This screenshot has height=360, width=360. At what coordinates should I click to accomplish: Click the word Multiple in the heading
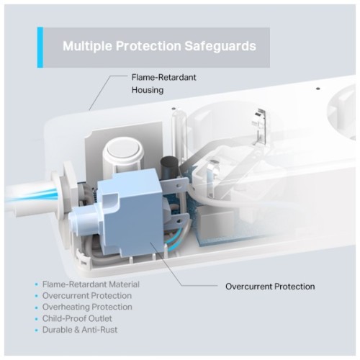[86, 46]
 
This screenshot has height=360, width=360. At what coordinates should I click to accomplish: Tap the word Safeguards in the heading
[220, 46]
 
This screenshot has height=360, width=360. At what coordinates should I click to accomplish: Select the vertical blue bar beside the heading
[40, 48]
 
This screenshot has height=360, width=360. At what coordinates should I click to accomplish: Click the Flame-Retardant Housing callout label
[164, 84]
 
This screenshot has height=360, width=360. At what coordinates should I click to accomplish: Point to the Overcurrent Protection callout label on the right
[270, 287]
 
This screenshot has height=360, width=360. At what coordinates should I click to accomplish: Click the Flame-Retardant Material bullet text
[91, 284]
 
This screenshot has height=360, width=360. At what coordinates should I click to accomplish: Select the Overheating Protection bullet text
[87, 307]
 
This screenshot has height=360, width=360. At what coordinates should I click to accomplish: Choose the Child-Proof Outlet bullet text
[77, 318]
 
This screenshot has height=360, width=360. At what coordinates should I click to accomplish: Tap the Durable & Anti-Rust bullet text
[80, 330]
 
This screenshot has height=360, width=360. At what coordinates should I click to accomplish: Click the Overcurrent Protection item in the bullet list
[87, 296]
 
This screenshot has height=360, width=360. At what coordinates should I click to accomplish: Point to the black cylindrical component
[170, 167]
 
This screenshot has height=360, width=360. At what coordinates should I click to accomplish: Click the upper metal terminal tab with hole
[175, 186]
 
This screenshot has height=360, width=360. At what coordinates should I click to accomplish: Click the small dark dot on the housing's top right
[318, 89]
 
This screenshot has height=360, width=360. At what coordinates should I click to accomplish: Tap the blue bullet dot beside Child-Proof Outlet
[37, 319]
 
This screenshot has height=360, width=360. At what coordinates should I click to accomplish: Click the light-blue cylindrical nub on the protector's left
[81, 219]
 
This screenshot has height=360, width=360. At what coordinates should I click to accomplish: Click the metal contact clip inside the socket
[260, 127]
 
